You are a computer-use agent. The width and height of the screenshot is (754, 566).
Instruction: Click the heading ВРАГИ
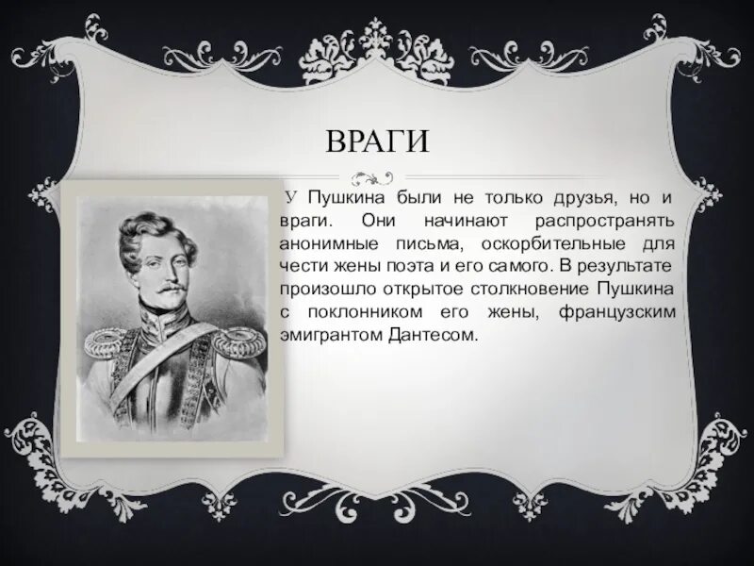(x=377, y=142)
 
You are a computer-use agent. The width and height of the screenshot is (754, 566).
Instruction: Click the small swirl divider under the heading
(x=374, y=175)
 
